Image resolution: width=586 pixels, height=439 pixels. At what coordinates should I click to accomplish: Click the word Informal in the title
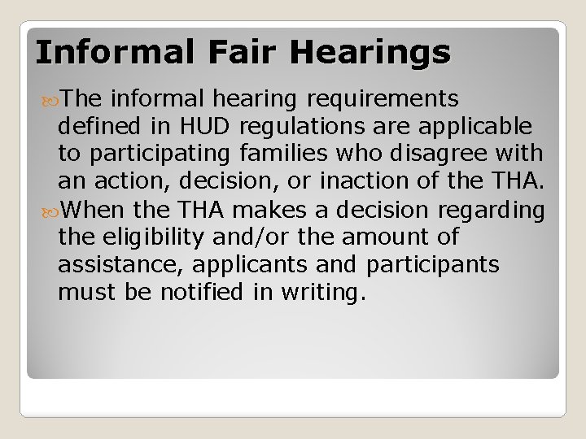tap(107, 52)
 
